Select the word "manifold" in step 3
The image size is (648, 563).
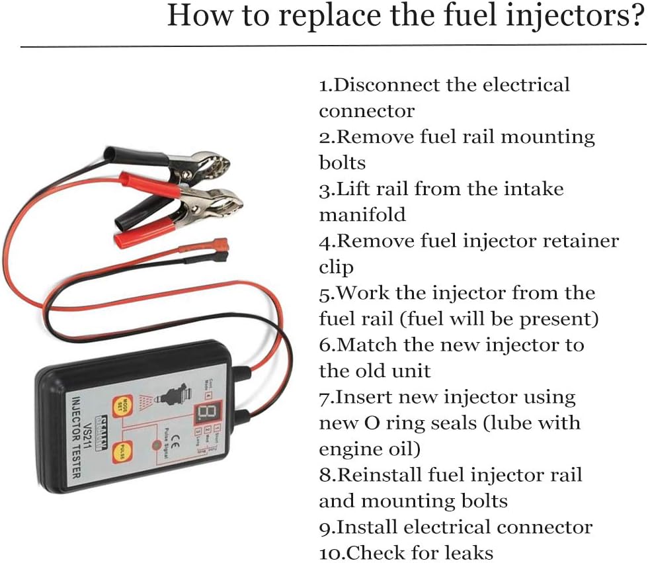tap(362, 215)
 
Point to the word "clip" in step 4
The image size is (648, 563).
tap(337, 267)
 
